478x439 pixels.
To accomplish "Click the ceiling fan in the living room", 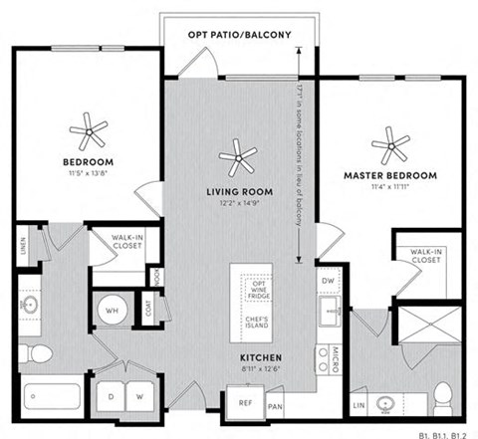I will (x=237, y=153).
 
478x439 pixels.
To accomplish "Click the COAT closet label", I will (x=148, y=309).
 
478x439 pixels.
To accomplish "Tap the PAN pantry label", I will (x=276, y=406).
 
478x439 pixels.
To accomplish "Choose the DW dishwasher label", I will (x=330, y=282).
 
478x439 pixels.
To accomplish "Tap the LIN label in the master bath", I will (x=358, y=405).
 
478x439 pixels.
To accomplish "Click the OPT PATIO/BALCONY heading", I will (x=240, y=35).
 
